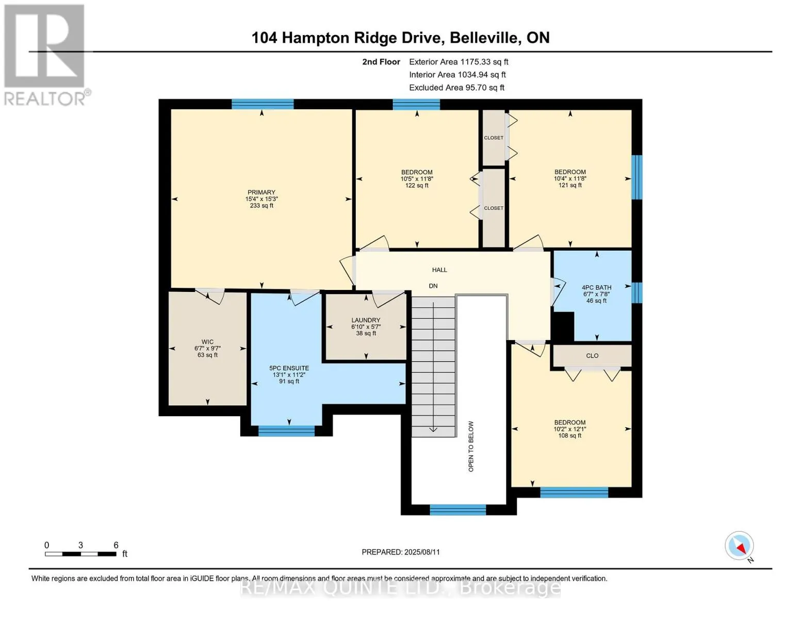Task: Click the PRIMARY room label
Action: pyautogui.click(x=261, y=192)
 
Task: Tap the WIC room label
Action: pyautogui.click(x=207, y=341)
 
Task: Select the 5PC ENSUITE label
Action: pyautogui.click(x=289, y=368)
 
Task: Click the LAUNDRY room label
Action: pyautogui.click(x=366, y=320)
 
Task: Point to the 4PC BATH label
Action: pyautogui.click(x=596, y=288)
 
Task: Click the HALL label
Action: pyautogui.click(x=439, y=270)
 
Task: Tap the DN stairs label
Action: pyautogui.click(x=433, y=286)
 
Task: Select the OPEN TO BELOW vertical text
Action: pyautogui.click(x=471, y=446)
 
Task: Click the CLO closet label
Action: pyautogui.click(x=592, y=356)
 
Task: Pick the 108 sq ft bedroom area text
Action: pyautogui.click(x=569, y=436)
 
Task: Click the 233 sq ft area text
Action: pyautogui.click(x=261, y=206)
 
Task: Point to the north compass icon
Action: pyautogui.click(x=739, y=546)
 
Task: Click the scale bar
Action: pyautogui.click(x=80, y=554)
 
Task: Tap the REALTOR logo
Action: pyautogui.click(x=44, y=54)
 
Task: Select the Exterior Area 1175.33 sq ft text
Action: pyautogui.click(x=459, y=62)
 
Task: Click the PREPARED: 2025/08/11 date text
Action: pyautogui.click(x=401, y=552)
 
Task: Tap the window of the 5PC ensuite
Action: pyautogui.click(x=286, y=431)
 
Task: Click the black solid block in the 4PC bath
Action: pyautogui.click(x=563, y=327)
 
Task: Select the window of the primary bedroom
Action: pyautogui.click(x=263, y=104)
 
